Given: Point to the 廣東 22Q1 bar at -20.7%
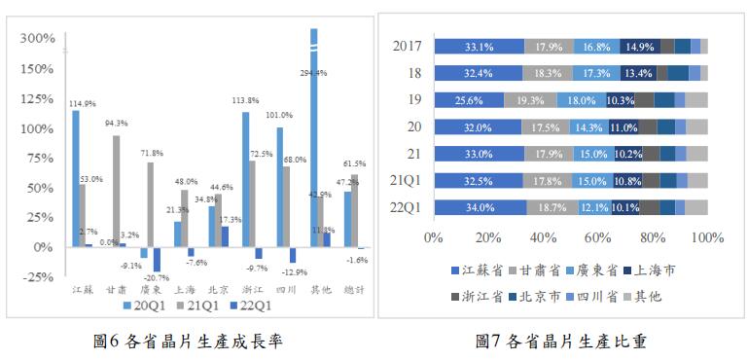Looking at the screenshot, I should [157, 259].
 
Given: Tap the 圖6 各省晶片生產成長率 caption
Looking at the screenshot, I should [189, 342].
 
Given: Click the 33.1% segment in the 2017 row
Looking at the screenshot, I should [479, 46].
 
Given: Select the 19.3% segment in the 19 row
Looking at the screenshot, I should [530, 100].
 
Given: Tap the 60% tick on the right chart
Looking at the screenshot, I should [597, 236].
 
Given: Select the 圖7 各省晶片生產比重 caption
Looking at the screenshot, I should [561, 342].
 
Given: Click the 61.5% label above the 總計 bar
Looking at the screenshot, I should [354, 164].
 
